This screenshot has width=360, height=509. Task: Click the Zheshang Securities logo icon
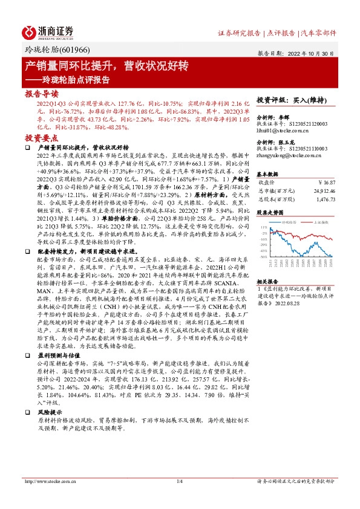(x=30, y=31)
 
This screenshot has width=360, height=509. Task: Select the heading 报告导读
(x=42, y=94)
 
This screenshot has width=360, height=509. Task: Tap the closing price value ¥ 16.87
(x=326, y=181)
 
